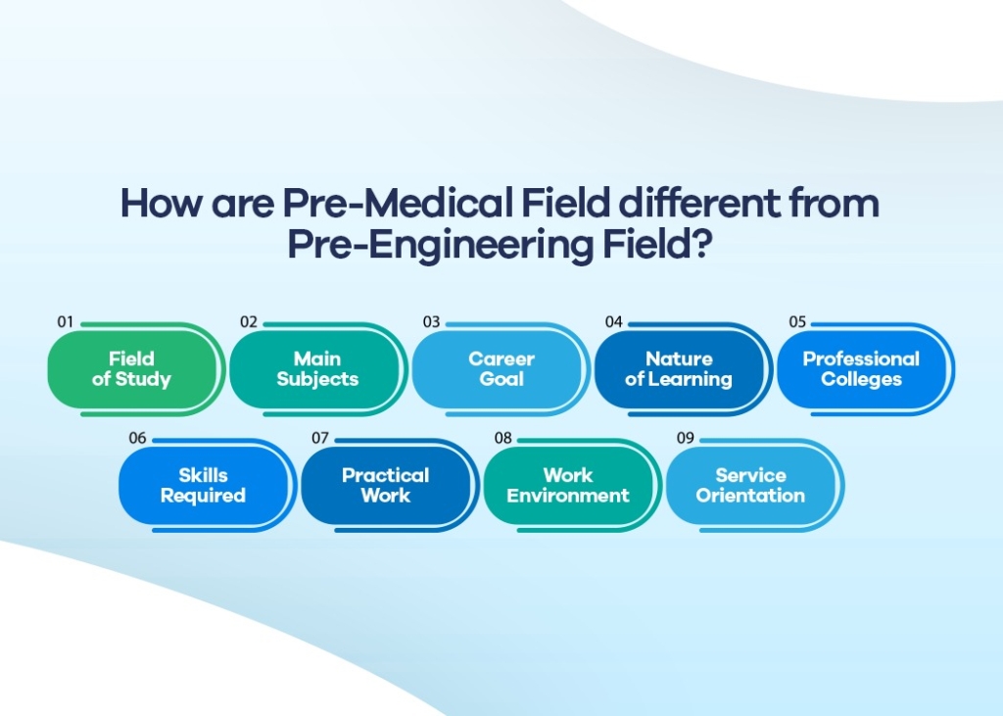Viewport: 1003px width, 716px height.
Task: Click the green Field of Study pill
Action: click(131, 369)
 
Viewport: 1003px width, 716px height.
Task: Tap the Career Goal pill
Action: click(501, 369)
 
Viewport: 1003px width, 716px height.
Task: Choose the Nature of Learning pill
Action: click(679, 369)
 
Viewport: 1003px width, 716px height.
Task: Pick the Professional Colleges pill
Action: click(861, 369)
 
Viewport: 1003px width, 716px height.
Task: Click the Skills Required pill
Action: click(203, 486)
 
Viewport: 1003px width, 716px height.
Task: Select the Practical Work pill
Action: click(385, 486)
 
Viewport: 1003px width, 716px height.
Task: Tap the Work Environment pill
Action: click(568, 486)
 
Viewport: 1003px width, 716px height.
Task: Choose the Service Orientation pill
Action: click(750, 486)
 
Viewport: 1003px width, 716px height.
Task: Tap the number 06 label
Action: click(137, 438)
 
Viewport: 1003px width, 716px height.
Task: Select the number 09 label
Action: click(685, 438)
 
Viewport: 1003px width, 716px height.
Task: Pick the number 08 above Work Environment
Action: click(502, 438)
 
